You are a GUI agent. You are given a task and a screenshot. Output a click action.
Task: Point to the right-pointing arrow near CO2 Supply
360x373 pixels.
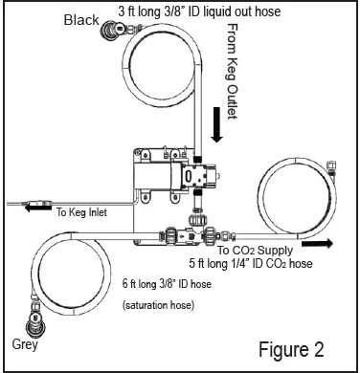(326, 243)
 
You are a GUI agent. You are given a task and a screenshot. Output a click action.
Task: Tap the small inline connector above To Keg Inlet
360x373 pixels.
(38, 202)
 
